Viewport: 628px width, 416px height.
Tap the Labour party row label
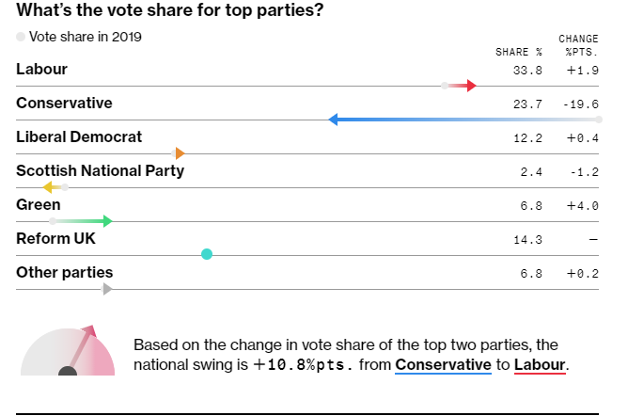41,70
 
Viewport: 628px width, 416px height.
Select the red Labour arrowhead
472,86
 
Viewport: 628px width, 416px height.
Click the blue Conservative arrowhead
334,120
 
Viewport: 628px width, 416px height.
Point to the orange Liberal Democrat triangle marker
180,153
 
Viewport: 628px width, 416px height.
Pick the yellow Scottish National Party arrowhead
47,187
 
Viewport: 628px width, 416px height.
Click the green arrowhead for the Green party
107,221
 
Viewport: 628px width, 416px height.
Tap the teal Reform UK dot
207,254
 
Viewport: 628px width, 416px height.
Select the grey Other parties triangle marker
107,289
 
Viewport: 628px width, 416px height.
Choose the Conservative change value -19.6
583,104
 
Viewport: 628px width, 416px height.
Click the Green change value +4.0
583,205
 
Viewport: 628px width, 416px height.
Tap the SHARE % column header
519,52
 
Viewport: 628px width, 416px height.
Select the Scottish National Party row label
100,171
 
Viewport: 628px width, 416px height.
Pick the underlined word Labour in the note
540,364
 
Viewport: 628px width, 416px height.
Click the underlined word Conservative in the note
443,364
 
